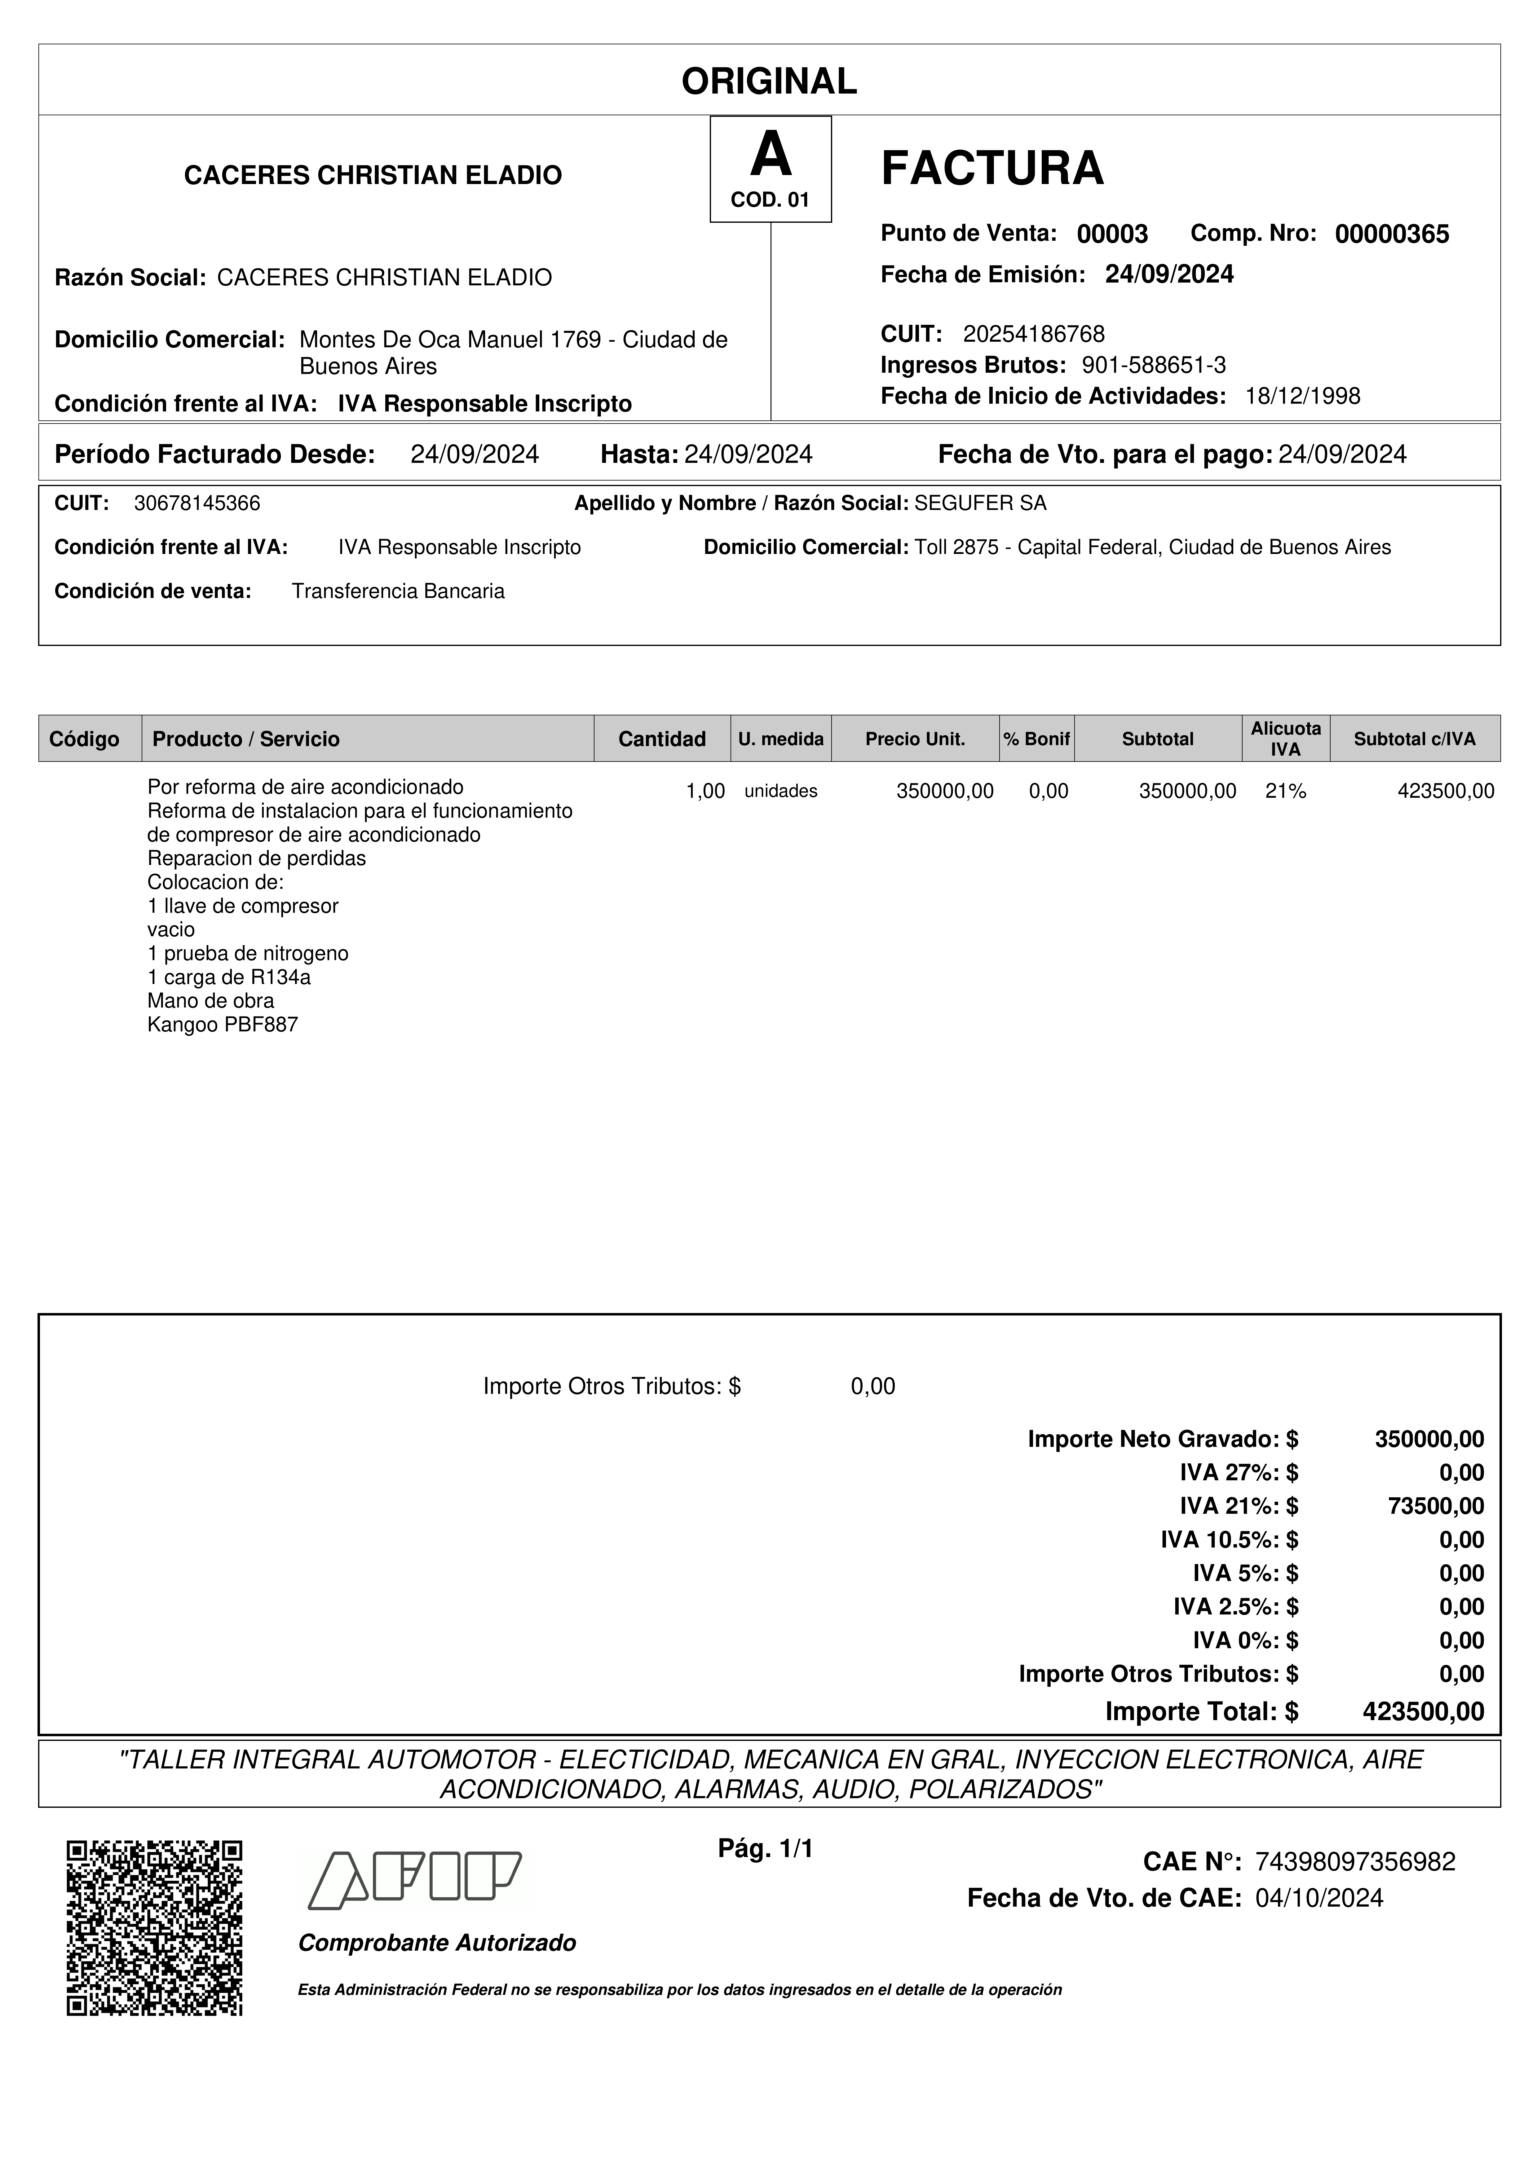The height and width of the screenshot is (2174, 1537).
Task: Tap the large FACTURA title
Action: coord(992,169)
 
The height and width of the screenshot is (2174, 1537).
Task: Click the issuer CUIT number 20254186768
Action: coord(1033,334)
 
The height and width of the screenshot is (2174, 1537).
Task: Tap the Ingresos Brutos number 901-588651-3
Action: coord(1154,366)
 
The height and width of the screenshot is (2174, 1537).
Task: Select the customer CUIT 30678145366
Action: coord(197,504)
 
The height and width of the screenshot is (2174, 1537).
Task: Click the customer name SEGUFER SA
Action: coord(980,504)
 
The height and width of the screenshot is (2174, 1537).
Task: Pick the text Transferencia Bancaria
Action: coord(398,592)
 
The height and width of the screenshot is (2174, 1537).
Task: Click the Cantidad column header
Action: coord(662,740)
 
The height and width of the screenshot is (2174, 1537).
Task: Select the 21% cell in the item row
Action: coord(1285,792)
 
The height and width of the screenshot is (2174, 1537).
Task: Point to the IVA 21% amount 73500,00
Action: coord(1436,1506)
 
